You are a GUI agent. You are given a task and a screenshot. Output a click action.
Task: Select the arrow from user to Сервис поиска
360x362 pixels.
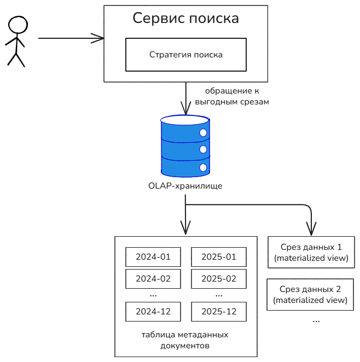pyautogui.click(x=71, y=38)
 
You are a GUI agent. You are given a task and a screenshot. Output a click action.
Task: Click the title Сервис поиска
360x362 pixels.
pyautogui.click(x=186, y=18)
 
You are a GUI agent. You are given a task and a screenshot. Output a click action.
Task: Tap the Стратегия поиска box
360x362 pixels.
pyautogui.click(x=186, y=55)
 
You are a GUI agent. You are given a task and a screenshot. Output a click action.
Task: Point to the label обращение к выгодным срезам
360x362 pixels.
pyautogui.click(x=237, y=96)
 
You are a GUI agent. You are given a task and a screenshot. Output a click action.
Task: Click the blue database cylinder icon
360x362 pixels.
pyautogui.click(x=185, y=145)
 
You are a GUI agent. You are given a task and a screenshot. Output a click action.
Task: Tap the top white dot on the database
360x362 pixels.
pyautogui.click(x=203, y=132)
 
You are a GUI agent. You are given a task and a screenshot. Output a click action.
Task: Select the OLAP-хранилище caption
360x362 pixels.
pyautogui.click(x=185, y=186)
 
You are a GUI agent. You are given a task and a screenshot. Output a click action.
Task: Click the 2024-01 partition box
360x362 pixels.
pyautogui.click(x=153, y=256)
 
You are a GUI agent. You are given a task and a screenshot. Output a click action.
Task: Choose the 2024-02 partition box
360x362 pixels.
pyautogui.click(x=153, y=278)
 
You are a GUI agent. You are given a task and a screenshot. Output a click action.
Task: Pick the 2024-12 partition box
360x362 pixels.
pyautogui.click(x=153, y=312)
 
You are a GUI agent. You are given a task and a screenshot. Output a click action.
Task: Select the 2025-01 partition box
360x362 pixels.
pyautogui.click(x=219, y=256)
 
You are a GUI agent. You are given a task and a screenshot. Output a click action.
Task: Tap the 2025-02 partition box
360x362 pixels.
pyautogui.click(x=219, y=278)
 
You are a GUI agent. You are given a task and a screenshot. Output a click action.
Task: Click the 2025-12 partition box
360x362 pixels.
pyautogui.click(x=219, y=312)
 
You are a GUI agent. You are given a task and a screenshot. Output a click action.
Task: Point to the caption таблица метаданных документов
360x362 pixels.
pyautogui.click(x=185, y=340)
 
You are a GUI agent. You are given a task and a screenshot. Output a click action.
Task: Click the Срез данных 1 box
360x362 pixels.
pyautogui.click(x=311, y=252)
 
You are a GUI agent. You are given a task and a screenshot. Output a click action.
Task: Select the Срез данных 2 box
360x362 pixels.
pyautogui.click(x=311, y=294)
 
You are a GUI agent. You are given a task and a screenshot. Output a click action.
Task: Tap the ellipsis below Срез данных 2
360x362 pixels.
pyautogui.click(x=316, y=320)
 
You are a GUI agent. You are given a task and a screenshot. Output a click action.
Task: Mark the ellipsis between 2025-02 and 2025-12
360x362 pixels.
pyautogui.click(x=219, y=295)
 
